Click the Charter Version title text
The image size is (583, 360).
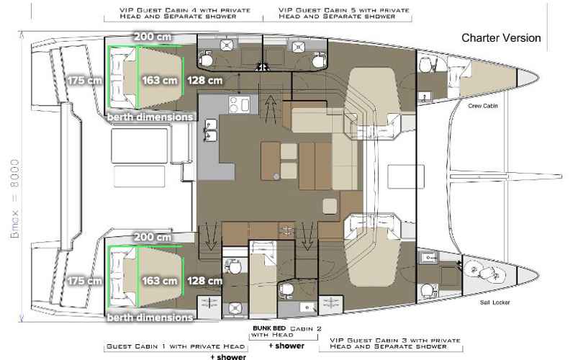click(501, 38)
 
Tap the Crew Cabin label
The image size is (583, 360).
click(483, 106)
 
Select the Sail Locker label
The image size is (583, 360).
click(494, 302)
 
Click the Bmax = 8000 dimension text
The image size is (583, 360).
click(15, 199)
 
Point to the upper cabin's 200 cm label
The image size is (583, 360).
click(153, 37)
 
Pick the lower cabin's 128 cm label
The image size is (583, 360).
click(204, 281)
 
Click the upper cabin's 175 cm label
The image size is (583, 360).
click(85, 81)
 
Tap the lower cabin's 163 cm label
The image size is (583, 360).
click(160, 281)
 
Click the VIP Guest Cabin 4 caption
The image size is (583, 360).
click(185, 13)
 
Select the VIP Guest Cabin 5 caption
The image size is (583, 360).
click(344, 13)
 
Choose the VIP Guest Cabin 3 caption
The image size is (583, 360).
click(395, 343)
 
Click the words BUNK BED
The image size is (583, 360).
click(269, 328)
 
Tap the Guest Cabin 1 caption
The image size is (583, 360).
click(176, 346)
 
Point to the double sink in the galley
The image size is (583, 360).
click(210, 130)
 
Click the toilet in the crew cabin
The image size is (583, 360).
click(425, 64)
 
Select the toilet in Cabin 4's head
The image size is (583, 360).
click(206, 60)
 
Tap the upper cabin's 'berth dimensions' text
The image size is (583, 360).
click(150, 117)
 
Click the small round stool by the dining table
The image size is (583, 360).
click(276, 176)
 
